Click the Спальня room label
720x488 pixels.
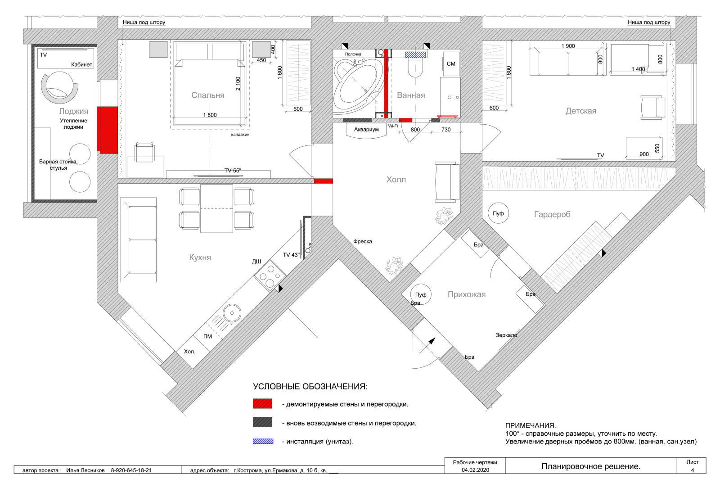pyautogui.click(x=207, y=95)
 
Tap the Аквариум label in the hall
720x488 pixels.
pyautogui.click(x=366, y=130)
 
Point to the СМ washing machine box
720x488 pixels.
pyautogui.click(x=451, y=63)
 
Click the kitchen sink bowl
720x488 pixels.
pyautogui.click(x=232, y=313)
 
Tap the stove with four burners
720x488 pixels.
pyautogui.click(x=270, y=276)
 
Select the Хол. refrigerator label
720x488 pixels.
pyautogui.click(x=189, y=352)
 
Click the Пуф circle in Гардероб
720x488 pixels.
pyautogui.click(x=498, y=213)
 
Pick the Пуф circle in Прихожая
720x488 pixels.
pyautogui.click(x=421, y=294)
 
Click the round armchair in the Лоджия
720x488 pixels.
pyautogui.click(x=60, y=87)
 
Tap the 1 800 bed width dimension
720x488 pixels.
pyautogui.click(x=210, y=115)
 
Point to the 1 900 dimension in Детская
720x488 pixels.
pyautogui.click(x=568, y=46)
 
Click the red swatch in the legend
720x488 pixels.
pyautogui.click(x=262, y=404)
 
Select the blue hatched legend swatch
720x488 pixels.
pyautogui.click(x=263, y=441)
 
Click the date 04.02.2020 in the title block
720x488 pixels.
pyautogui.click(x=475, y=470)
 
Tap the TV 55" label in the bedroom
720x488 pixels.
pyautogui.click(x=232, y=170)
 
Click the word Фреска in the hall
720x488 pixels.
pyautogui.click(x=363, y=241)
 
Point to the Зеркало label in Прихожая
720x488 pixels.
pyautogui.click(x=506, y=335)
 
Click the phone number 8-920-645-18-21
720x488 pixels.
pyautogui.click(x=131, y=470)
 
